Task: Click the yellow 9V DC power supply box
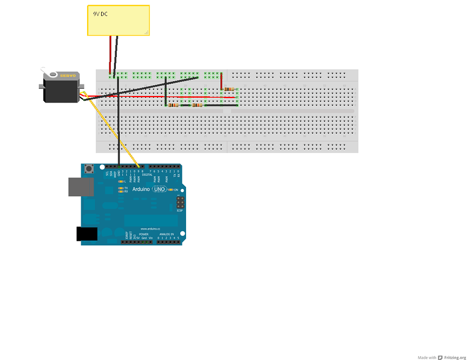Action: point(118,20)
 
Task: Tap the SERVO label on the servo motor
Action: point(68,75)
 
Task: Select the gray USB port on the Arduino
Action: point(81,187)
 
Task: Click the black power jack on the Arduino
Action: point(87,234)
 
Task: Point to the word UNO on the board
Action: point(159,189)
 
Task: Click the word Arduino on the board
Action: point(141,189)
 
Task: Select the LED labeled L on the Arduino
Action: point(121,182)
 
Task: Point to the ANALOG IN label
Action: point(166,234)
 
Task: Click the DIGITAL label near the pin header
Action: point(147,175)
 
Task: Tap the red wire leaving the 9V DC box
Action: point(110,52)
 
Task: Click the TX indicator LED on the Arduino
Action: point(121,188)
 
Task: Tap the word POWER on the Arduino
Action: point(144,234)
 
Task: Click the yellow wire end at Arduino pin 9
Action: point(139,166)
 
